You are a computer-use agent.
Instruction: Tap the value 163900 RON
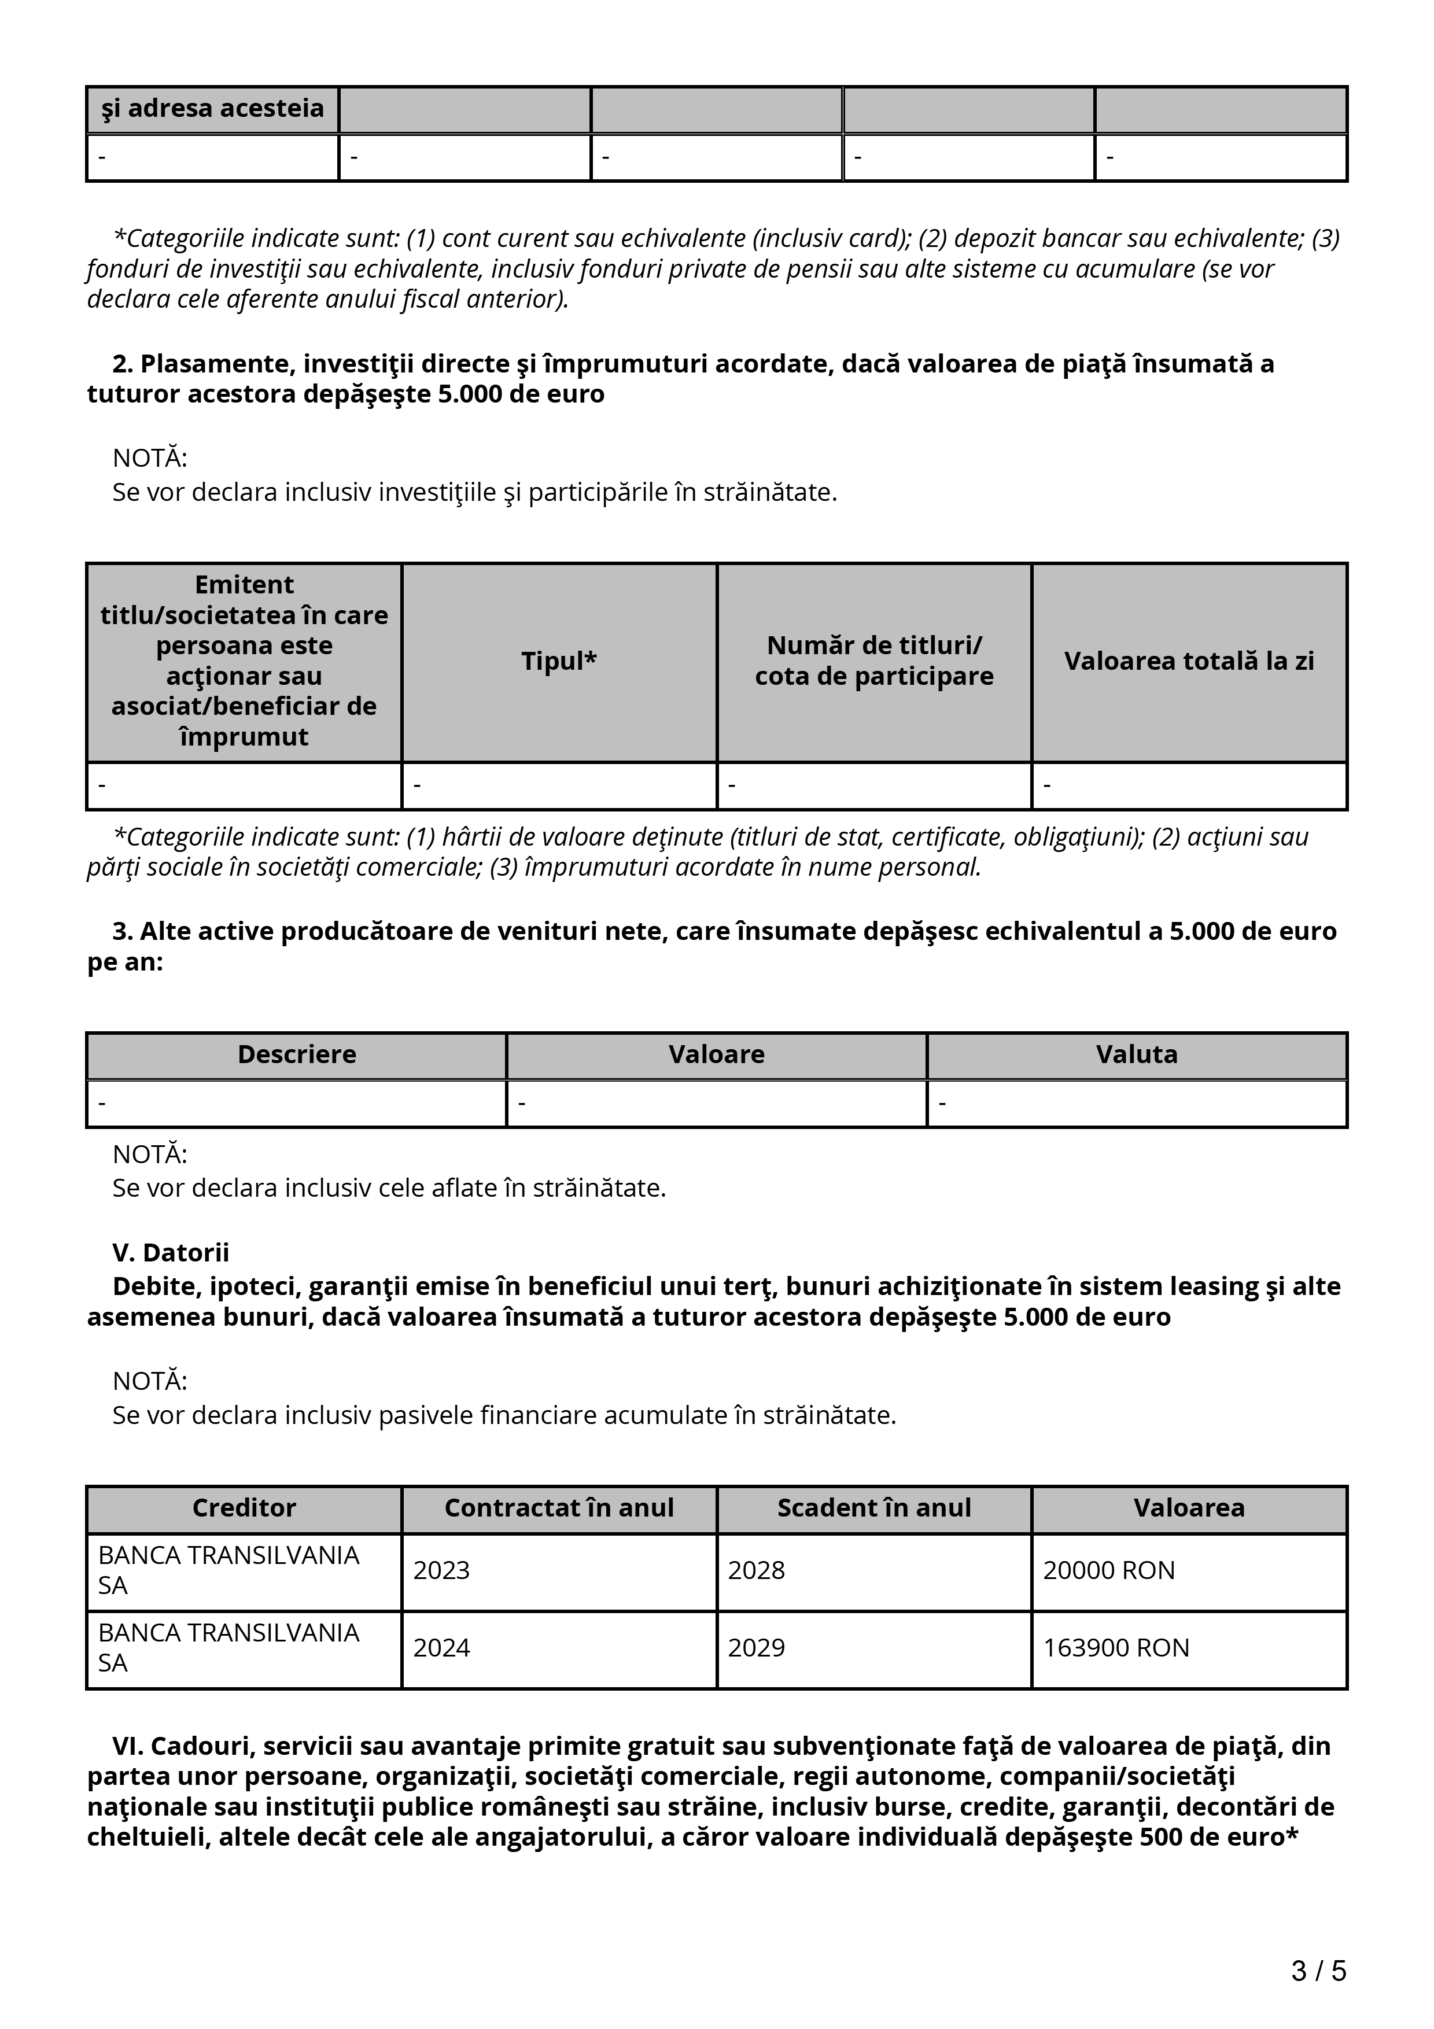(1115, 1647)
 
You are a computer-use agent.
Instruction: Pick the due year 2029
(755, 1647)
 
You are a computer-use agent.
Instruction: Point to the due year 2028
(755, 1570)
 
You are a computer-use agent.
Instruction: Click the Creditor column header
(244, 1508)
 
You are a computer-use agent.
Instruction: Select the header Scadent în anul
(874, 1508)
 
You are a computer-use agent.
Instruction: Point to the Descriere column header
(297, 1054)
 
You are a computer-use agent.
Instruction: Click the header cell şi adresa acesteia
(212, 109)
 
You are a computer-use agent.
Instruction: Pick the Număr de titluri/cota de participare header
(874, 661)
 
